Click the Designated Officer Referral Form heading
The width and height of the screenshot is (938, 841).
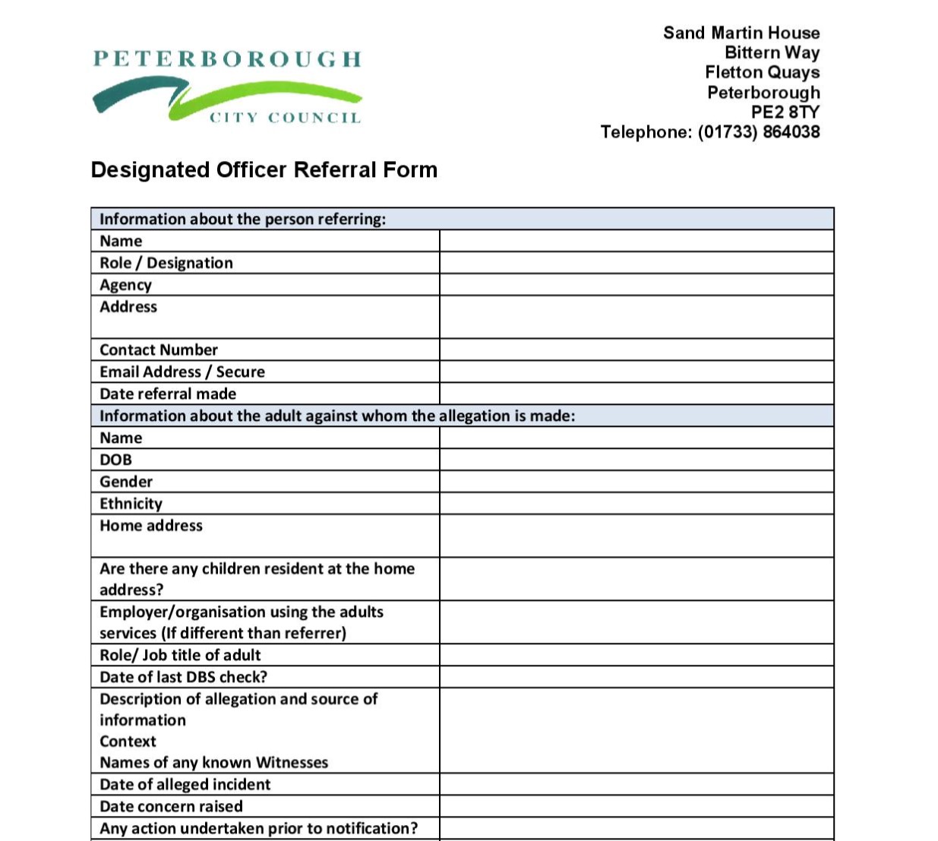264,169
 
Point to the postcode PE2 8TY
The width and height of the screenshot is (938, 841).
785,112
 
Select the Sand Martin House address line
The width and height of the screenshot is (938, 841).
741,33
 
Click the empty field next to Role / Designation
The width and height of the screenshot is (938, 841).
636,263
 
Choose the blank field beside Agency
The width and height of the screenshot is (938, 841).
636,285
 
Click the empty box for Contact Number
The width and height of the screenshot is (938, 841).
636,349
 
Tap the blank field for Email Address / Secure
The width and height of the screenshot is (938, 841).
636,371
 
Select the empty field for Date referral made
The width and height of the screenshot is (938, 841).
636,394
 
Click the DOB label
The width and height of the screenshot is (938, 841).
115,460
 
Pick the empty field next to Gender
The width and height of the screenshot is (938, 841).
636,482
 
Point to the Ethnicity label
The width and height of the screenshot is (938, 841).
131,504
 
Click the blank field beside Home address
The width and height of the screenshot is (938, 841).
636,536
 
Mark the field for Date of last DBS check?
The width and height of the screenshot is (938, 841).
636,677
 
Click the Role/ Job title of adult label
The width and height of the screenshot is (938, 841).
180,655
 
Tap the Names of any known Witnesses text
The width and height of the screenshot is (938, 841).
213,762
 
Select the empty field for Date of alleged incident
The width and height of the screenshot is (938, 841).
636,784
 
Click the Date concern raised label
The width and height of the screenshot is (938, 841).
171,806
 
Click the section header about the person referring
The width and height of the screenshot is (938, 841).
243,219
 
